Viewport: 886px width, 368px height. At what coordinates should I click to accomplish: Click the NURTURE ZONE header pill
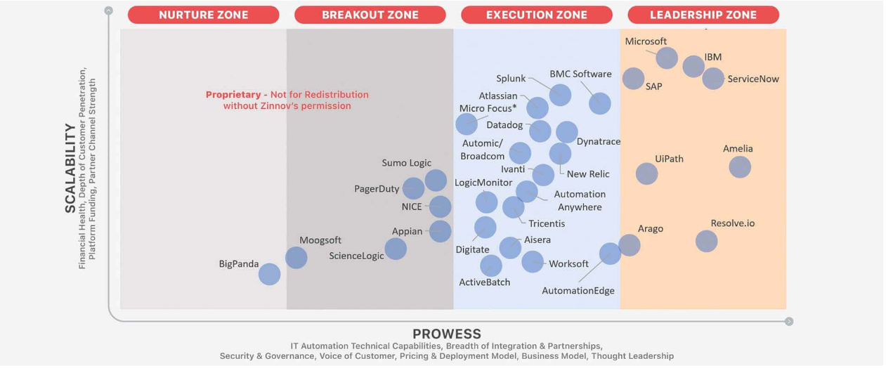tap(203, 15)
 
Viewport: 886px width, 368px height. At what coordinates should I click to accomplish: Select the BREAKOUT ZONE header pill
tap(370, 15)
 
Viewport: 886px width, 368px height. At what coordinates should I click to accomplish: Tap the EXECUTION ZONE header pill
tap(536, 15)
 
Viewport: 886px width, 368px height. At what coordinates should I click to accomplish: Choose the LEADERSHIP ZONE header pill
tap(703, 15)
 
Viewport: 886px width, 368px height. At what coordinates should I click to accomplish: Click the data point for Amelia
tap(740, 167)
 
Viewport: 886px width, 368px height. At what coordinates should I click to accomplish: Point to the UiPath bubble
tap(646, 173)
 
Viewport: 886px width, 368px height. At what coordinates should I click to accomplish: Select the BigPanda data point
tap(269, 274)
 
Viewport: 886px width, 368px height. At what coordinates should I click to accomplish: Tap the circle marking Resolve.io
tap(706, 241)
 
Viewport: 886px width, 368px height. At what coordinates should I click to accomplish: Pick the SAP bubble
tap(633, 79)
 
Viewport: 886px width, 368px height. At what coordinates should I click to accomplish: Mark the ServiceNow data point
tap(712, 79)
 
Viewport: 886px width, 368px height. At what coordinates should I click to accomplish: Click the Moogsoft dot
tap(297, 258)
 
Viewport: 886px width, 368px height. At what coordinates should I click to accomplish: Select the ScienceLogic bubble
tap(396, 249)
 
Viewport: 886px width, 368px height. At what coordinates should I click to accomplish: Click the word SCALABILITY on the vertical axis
tap(70, 168)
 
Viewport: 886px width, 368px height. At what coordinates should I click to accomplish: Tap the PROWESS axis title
tap(447, 334)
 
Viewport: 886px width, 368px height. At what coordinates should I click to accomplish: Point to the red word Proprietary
tap(232, 95)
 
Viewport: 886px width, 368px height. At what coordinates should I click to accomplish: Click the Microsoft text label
tap(646, 41)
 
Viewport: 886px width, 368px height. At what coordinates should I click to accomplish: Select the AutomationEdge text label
tap(578, 291)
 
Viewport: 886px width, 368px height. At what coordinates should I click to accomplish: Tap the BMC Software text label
tap(580, 74)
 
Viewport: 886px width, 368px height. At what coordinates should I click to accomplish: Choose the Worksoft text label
tap(568, 263)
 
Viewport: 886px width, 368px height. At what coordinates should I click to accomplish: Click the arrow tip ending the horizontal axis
tap(789, 322)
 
